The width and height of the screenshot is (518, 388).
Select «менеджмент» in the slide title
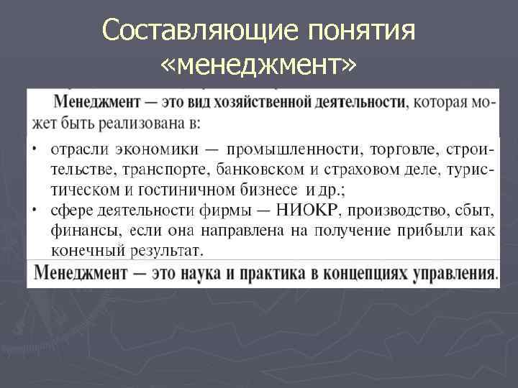pyautogui.click(x=258, y=67)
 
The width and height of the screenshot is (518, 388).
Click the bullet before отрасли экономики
pyautogui.click(x=35, y=150)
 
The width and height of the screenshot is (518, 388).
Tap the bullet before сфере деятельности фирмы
pyautogui.click(x=35, y=211)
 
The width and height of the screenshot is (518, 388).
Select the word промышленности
pyautogui.click(x=295, y=149)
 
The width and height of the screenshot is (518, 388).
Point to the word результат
pyautogui.click(x=167, y=251)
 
